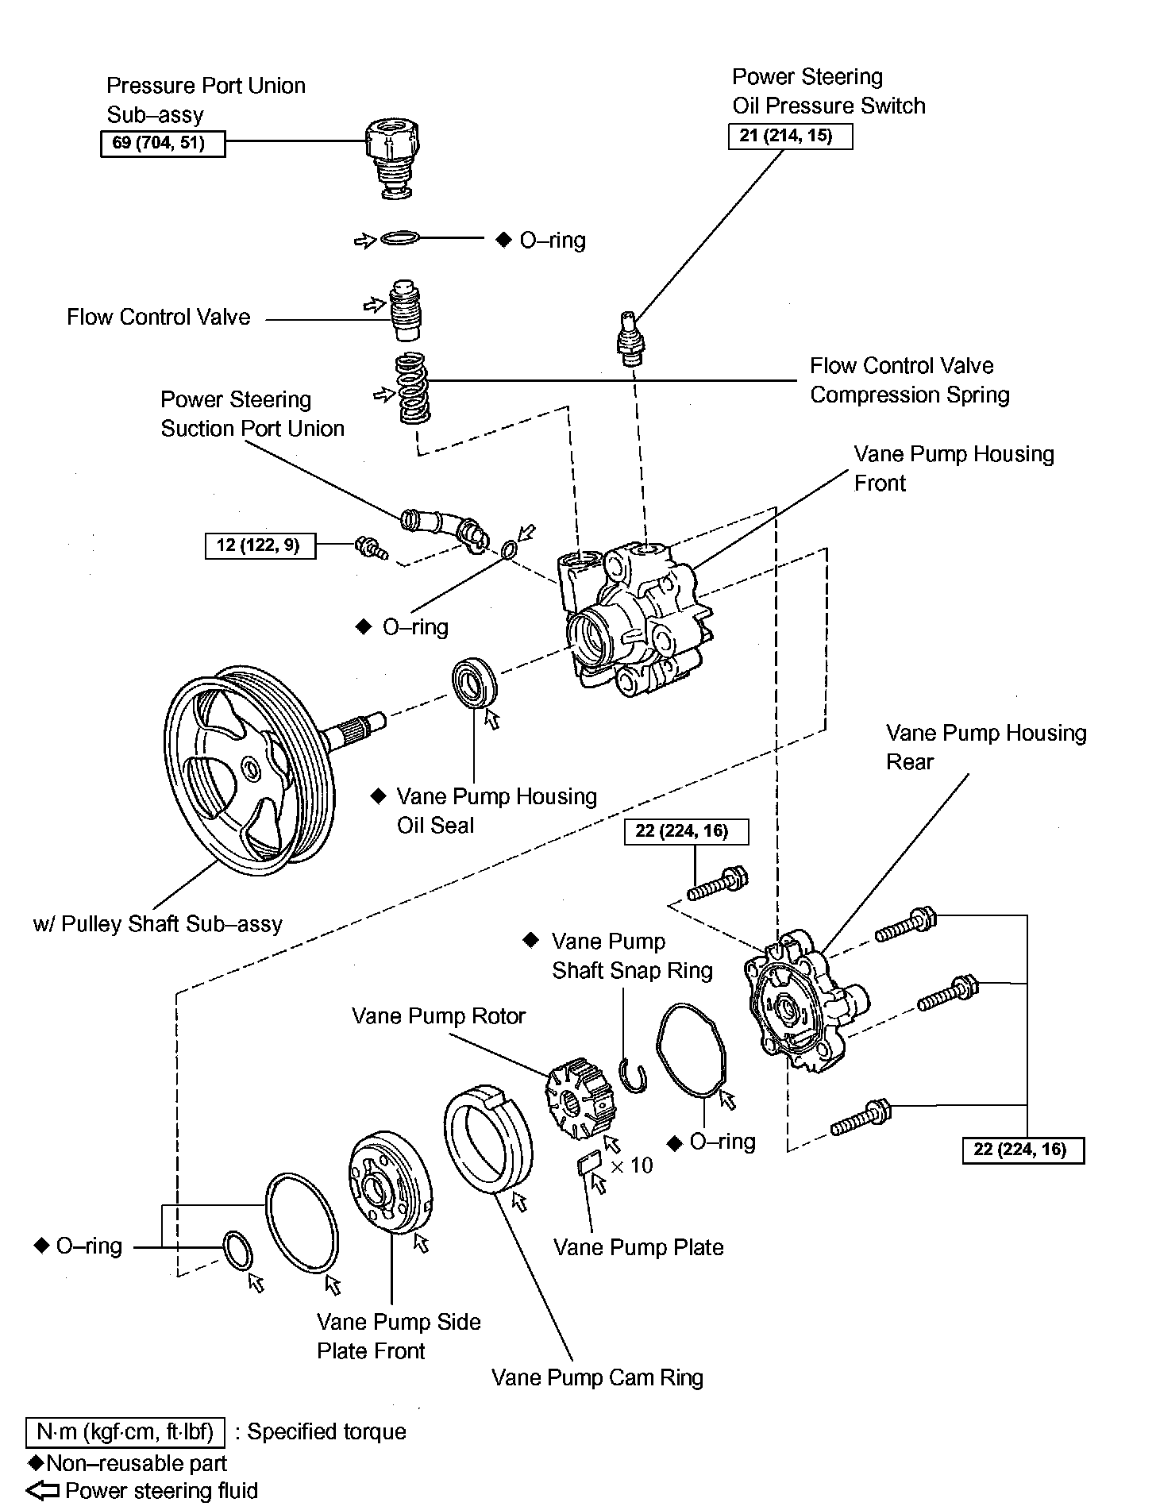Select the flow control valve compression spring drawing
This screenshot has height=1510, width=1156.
click(x=413, y=388)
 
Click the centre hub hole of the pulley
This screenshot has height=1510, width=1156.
click(x=251, y=768)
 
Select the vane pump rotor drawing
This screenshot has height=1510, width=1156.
click(x=578, y=1095)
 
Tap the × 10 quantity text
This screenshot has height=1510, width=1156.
click(x=632, y=1165)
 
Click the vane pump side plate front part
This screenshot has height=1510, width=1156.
click(x=390, y=1186)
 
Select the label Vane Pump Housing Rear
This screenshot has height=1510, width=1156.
click(x=985, y=747)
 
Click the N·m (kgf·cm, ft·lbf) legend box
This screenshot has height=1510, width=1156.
click(x=125, y=1431)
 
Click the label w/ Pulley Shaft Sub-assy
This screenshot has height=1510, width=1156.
click(x=158, y=924)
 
